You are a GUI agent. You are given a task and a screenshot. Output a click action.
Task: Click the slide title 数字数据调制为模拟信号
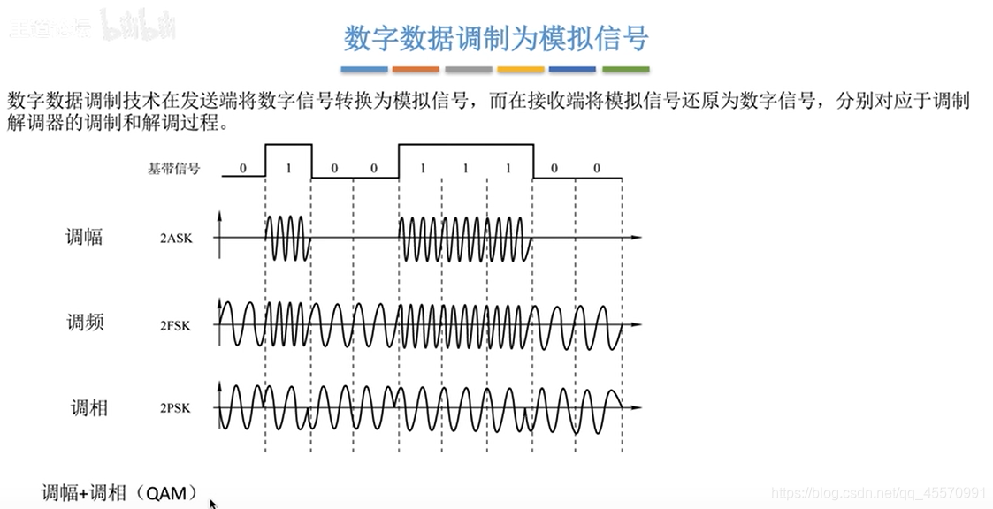495,37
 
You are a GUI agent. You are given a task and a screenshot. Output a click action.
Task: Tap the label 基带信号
173,168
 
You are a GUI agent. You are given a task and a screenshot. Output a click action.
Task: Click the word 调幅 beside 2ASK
84,237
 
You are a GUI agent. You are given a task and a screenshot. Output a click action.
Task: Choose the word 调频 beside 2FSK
86,323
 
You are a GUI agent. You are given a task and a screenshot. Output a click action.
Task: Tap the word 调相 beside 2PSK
88,408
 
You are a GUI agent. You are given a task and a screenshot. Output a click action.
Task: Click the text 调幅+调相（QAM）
118,493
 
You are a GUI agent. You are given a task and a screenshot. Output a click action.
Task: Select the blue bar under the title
364,69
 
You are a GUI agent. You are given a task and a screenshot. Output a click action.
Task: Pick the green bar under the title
626,69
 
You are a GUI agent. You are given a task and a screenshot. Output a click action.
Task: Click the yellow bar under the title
521,69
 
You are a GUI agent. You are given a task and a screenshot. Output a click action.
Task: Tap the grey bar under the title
469,69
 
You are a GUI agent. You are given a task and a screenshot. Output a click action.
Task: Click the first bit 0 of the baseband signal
243,168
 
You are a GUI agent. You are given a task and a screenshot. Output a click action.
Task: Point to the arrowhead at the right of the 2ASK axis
636,238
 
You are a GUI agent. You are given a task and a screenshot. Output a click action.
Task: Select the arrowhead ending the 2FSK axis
636,324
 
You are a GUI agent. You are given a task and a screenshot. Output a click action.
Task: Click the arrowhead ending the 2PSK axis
636,407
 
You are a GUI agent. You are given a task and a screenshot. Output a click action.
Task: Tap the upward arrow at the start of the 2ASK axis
219,216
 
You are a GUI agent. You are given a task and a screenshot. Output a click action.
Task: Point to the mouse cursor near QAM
212,504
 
